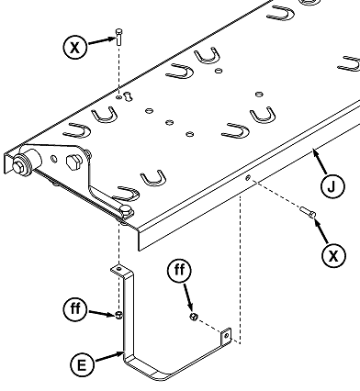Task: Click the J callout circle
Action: (332, 186)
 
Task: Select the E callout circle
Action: (82, 365)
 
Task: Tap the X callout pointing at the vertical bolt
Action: (75, 48)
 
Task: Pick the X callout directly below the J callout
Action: (333, 255)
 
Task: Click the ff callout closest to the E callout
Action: (75, 308)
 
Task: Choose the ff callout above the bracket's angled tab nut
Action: (180, 270)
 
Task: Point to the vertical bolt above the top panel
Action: (119, 37)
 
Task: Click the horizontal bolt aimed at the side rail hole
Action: (308, 212)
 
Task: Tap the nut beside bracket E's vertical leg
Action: (118, 315)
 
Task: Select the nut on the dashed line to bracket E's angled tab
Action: (194, 317)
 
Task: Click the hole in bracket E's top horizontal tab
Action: (119, 269)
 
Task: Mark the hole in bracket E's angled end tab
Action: (227, 336)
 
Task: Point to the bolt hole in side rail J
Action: (248, 177)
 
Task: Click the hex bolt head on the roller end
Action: (17, 166)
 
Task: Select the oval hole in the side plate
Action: (54, 159)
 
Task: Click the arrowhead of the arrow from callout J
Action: (315, 151)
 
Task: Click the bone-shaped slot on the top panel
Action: (128, 95)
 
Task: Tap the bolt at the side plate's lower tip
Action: (126, 211)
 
